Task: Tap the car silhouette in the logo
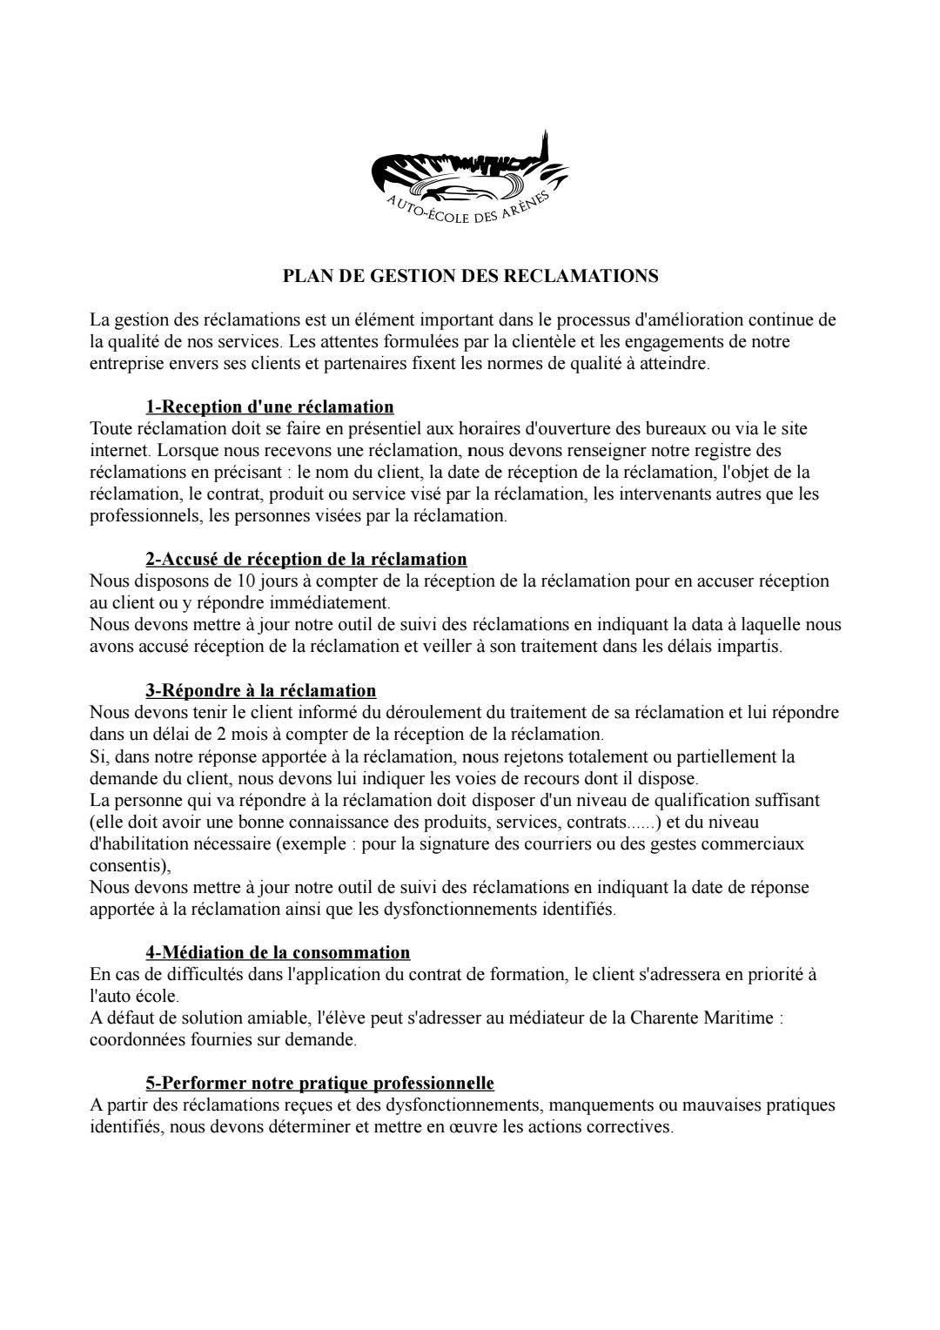click(460, 192)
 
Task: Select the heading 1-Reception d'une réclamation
click(270, 406)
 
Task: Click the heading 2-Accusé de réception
click(306, 559)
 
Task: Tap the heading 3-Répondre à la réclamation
click(261, 690)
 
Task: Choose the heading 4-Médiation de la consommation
click(278, 953)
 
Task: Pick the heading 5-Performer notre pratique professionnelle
click(319, 1084)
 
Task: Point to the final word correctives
click(633, 1127)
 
